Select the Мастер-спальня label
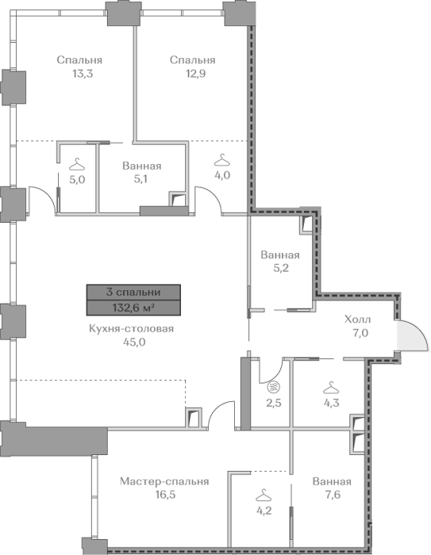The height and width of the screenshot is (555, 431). coord(164,481)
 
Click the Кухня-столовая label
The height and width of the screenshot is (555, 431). coord(132,328)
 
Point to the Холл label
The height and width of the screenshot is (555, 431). coord(358,320)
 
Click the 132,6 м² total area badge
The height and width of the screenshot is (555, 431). coord(133,308)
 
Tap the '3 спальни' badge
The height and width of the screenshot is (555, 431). coord(133,293)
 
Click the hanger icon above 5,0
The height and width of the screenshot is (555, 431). coord(77,164)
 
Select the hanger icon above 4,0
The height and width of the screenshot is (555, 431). coord(222,160)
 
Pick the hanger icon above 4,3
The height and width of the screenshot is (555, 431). coord(331,388)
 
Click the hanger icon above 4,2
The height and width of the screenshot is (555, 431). coord(264,496)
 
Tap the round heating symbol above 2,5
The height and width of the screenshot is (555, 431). coord(274,387)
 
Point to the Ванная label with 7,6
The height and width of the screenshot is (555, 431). coord(332,481)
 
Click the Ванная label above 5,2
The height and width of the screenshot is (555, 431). coord(280,255)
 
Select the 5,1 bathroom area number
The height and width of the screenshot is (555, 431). coord(140,179)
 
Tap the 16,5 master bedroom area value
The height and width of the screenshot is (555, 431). coord(165,495)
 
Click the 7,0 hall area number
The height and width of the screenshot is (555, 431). coord(360,333)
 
